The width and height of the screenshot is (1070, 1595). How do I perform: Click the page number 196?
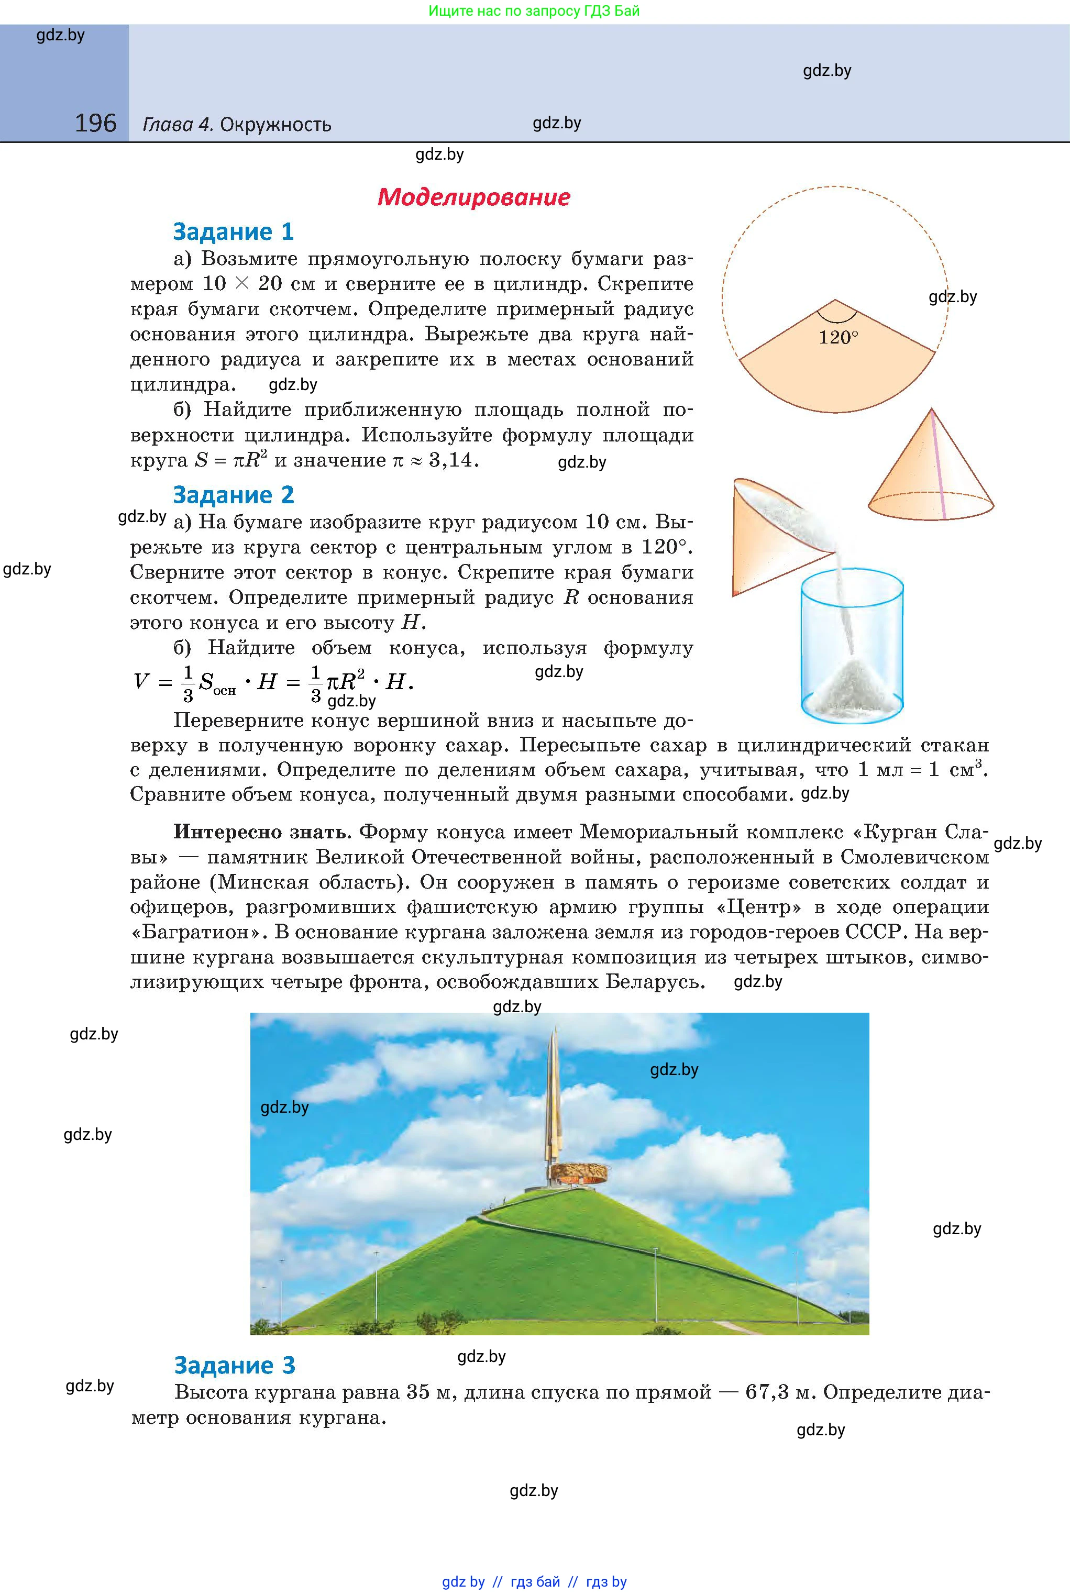(95, 124)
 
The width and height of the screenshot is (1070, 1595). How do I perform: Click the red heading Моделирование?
(473, 197)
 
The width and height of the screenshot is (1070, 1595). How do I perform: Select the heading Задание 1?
(234, 232)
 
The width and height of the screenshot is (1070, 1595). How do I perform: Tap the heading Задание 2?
(234, 495)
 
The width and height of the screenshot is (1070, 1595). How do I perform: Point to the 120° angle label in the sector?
(838, 338)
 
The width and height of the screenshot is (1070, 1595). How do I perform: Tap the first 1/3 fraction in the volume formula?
(187, 682)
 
